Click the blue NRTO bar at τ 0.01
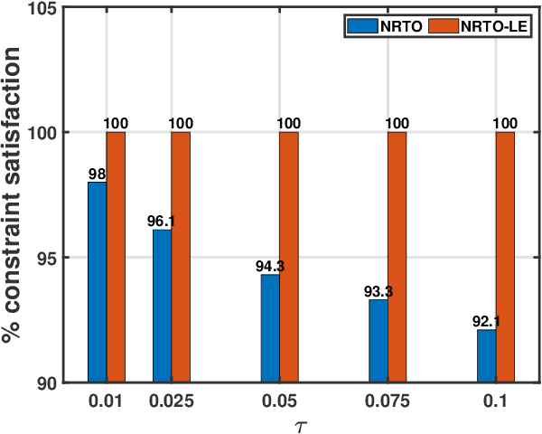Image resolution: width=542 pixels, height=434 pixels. point(97,282)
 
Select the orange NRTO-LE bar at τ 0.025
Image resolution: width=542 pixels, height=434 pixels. point(181,258)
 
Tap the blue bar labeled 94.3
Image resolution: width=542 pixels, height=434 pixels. point(270,328)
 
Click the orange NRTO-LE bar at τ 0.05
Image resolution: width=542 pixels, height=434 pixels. point(289,258)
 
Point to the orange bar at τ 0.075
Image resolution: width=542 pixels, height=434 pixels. point(397,258)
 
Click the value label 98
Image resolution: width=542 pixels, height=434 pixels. point(97,174)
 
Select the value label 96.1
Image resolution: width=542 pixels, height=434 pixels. point(160,222)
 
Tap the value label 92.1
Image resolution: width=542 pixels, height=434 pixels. point(485,321)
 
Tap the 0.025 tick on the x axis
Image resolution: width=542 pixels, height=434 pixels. point(171,399)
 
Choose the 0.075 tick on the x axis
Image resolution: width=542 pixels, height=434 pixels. point(388,399)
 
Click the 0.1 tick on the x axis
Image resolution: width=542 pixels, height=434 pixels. point(496,399)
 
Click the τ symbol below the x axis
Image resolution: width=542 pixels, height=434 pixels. point(302,421)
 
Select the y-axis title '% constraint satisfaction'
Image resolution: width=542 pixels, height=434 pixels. point(14,195)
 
